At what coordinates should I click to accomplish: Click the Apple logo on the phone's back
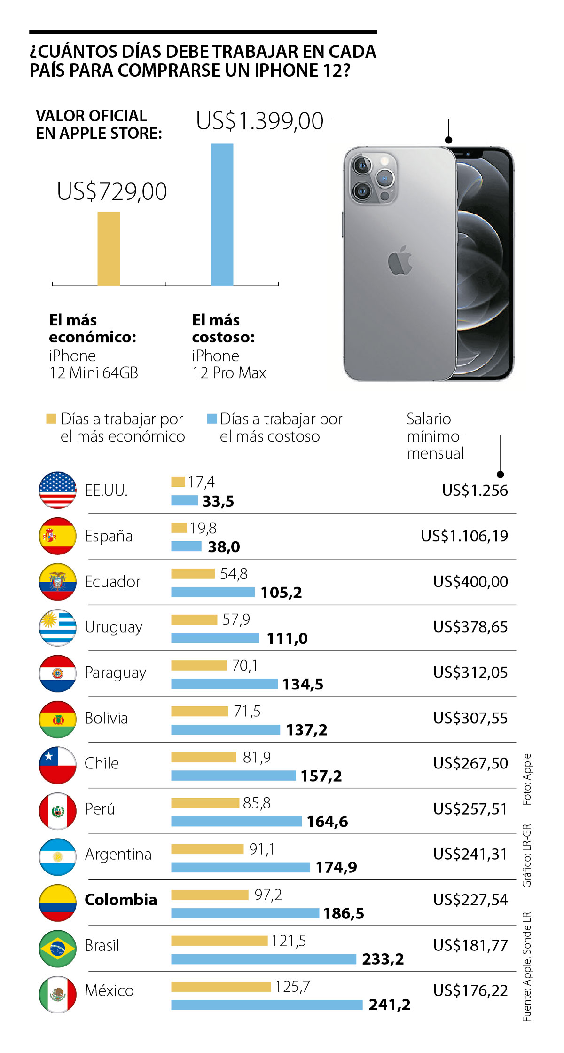400,260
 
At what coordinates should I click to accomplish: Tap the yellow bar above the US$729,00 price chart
109,248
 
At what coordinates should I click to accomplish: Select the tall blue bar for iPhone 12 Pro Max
222,214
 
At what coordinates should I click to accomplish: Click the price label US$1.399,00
260,121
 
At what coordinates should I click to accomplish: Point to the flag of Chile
57,765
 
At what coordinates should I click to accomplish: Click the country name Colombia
121,900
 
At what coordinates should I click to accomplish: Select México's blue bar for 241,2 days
266,1005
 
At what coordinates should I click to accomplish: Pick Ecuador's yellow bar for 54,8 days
193,574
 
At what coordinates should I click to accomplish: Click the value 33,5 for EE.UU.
218,501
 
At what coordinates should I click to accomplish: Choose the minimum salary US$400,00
470,582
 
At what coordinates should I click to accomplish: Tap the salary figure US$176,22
470,990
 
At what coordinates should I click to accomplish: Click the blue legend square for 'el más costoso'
212,419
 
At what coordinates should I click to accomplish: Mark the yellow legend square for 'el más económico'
51,419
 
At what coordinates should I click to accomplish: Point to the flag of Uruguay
57,627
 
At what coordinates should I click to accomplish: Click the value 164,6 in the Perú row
328,822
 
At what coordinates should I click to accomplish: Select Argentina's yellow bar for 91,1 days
207,849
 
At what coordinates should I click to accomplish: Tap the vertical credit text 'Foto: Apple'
527,779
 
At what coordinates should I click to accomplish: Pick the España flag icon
57,536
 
